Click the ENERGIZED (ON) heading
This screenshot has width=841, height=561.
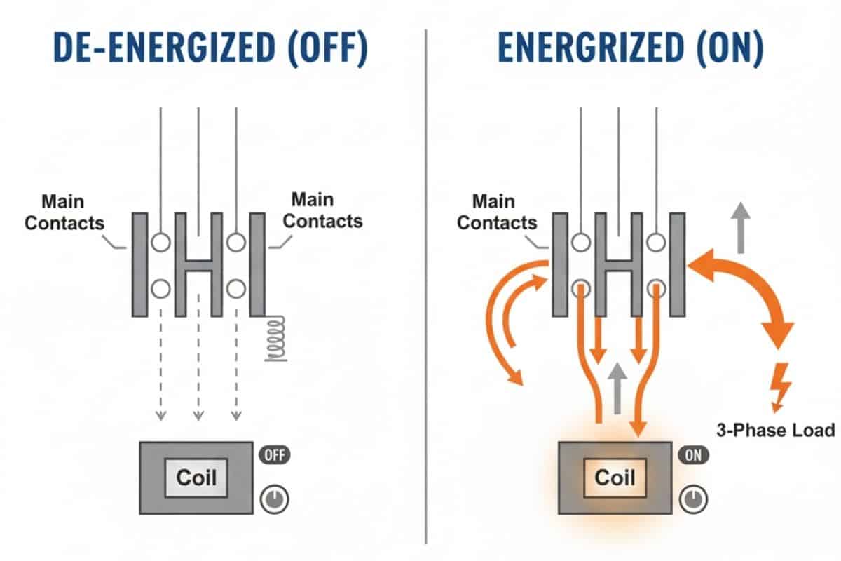631,49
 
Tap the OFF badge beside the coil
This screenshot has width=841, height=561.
274,454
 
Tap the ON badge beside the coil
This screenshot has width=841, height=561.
692,454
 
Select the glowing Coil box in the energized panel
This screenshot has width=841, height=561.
614,478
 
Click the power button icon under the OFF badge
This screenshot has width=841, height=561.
274,499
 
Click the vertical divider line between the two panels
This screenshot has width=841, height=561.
426,280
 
